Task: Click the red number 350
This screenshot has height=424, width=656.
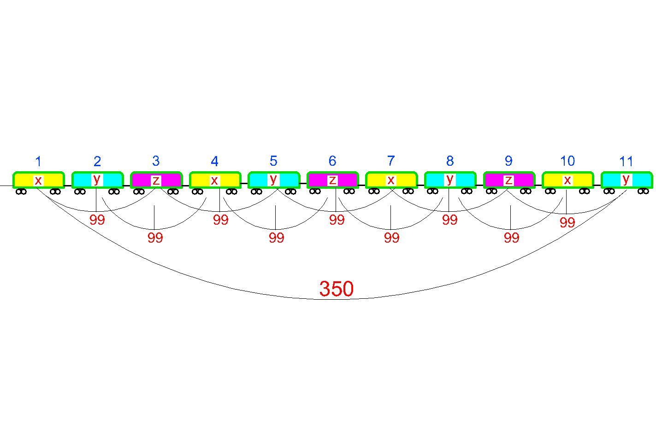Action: click(x=337, y=289)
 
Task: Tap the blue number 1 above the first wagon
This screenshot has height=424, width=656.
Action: click(x=38, y=161)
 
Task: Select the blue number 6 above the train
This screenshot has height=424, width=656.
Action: click(x=332, y=161)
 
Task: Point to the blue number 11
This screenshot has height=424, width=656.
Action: click(x=626, y=162)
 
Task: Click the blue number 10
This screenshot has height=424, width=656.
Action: click(x=567, y=161)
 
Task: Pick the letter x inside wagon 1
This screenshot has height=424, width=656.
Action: click(x=38, y=180)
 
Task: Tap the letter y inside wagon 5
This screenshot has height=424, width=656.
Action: click(x=273, y=179)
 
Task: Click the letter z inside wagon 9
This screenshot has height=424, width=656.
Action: click(x=508, y=180)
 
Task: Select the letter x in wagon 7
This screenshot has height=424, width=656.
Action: click(x=391, y=180)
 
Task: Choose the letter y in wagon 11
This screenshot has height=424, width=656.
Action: click(x=626, y=179)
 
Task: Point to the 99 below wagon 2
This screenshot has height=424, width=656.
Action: click(x=97, y=220)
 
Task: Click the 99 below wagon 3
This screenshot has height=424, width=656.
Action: click(x=155, y=238)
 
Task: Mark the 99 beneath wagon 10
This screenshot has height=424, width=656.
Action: click(x=567, y=223)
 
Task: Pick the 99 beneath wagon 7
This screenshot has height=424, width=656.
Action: click(x=391, y=238)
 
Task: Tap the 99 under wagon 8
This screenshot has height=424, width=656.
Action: click(x=450, y=220)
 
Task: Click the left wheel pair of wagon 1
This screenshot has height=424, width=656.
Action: click(x=21, y=192)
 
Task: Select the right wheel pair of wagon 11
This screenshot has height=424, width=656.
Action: click(x=643, y=191)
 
